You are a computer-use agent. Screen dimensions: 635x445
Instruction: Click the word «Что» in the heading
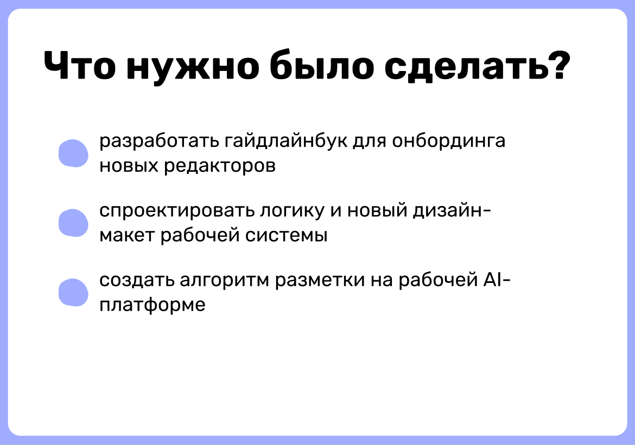pos(79,66)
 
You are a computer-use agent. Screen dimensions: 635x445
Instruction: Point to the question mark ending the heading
pos(557,65)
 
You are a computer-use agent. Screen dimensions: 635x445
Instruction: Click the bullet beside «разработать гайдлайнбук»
pos(73,153)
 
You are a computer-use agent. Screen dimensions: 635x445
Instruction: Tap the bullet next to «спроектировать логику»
pos(73,223)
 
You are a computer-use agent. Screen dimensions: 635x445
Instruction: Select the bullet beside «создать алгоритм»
pos(73,293)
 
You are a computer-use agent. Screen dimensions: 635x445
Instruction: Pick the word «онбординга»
pos(449,141)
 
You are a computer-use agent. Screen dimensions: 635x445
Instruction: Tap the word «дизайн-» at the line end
pos(452,211)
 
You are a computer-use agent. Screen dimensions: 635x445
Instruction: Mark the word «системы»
pos(286,235)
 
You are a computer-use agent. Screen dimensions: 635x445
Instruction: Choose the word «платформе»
pos(153,306)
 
